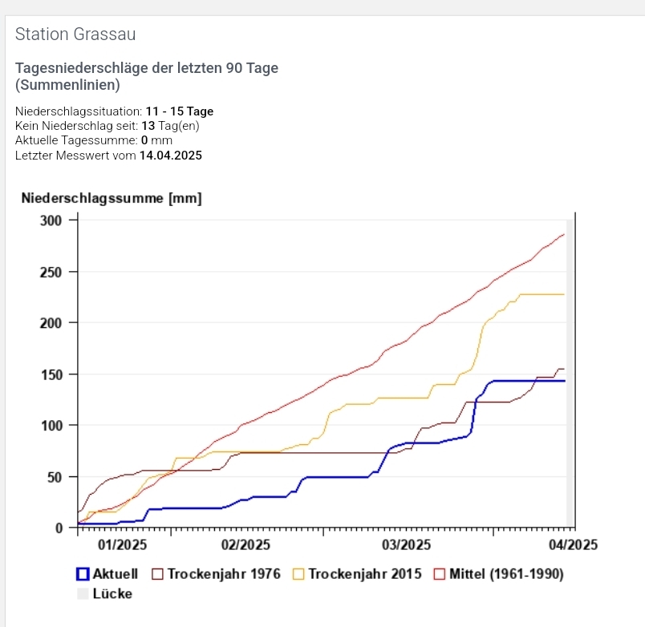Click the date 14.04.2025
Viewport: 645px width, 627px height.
click(171, 155)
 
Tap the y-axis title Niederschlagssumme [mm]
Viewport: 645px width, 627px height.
click(112, 198)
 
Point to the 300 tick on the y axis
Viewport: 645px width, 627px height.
click(50, 220)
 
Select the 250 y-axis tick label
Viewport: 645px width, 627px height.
click(50, 272)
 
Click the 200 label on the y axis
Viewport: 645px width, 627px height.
click(50, 323)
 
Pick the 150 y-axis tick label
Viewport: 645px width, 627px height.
click(50, 374)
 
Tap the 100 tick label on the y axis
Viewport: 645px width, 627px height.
click(50, 425)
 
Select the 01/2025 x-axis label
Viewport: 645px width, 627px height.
click(120, 545)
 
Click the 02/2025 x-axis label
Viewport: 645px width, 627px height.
click(245, 545)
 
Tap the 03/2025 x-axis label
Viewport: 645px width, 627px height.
click(406, 545)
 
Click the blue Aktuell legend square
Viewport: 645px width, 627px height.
click(82, 574)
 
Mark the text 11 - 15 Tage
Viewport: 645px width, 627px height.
click(180, 111)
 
